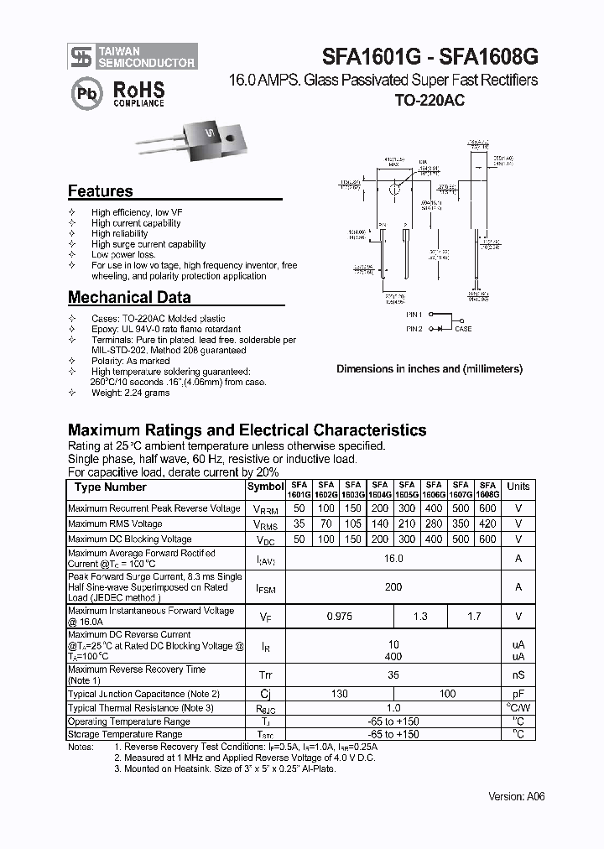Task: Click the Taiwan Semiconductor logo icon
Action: (x=81, y=57)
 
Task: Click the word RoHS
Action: (x=138, y=89)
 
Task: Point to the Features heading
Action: (x=100, y=191)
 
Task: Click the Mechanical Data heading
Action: (x=128, y=297)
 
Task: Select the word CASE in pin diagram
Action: (x=463, y=329)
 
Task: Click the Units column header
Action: (x=518, y=487)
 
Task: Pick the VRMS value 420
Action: (x=487, y=524)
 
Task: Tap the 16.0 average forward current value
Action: (x=393, y=559)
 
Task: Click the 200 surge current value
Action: (x=393, y=587)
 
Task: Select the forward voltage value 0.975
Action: (x=340, y=617)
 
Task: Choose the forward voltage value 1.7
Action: (x=474, y=617)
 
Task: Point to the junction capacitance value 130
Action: (x=340, y=694)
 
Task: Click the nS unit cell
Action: (x=518, y=675)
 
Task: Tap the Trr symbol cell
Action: (x=266, y=675)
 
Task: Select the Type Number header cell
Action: (x=111, y=487)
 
